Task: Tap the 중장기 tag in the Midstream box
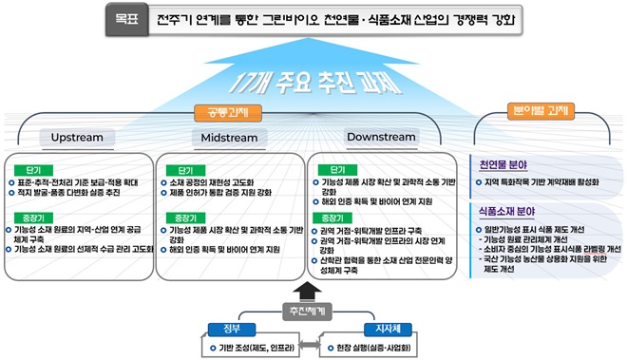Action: click(x=180, y=218)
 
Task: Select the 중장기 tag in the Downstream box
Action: click(x=334, y=218)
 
